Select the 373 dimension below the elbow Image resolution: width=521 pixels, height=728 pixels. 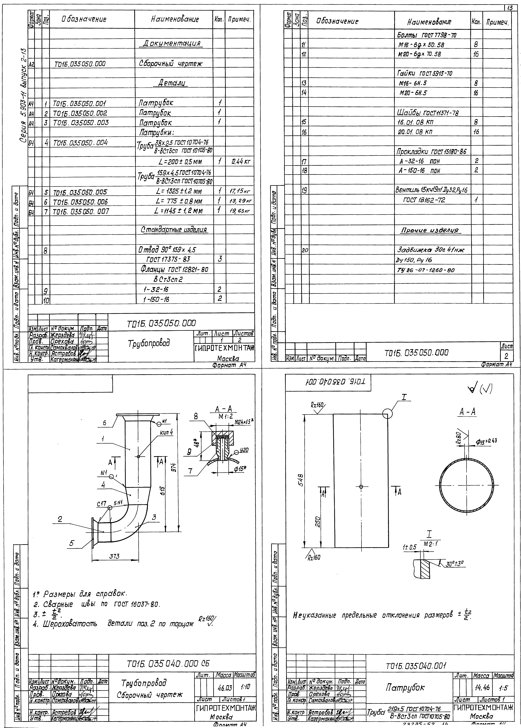[x=115, y=557]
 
